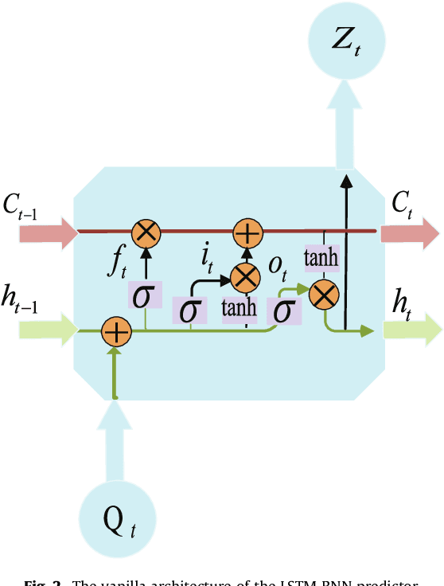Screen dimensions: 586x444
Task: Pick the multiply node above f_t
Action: [146, 232]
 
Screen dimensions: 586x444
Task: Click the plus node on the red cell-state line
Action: [247, 232]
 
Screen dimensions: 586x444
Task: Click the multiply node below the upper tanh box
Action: [322, 296]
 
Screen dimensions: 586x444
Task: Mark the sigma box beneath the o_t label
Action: [283, 311]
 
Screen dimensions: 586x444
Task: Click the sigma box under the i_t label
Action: [189, 311]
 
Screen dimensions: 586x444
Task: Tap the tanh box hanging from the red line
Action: [321, 257]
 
